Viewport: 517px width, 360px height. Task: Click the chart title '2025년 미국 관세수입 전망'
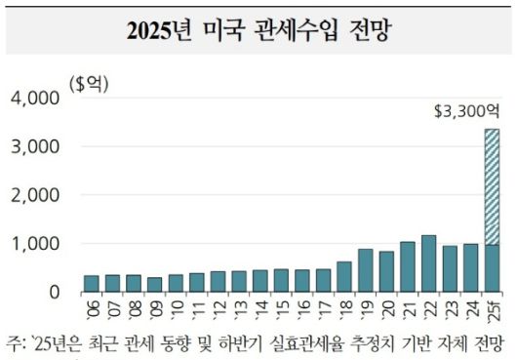pos(258,28)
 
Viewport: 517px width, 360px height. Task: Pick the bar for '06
pos(91,283)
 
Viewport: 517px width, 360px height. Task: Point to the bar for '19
pos(365,270)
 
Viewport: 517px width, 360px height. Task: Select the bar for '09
pos(154,284)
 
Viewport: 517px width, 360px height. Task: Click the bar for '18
pos(343,276)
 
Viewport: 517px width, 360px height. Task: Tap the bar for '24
pos(470,267)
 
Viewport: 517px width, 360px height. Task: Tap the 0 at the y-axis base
pos(54,292)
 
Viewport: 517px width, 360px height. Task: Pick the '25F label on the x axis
pos(493,311)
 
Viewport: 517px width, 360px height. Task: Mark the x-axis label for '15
pos(281,310)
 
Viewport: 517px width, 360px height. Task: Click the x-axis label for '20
pos(386,310)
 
